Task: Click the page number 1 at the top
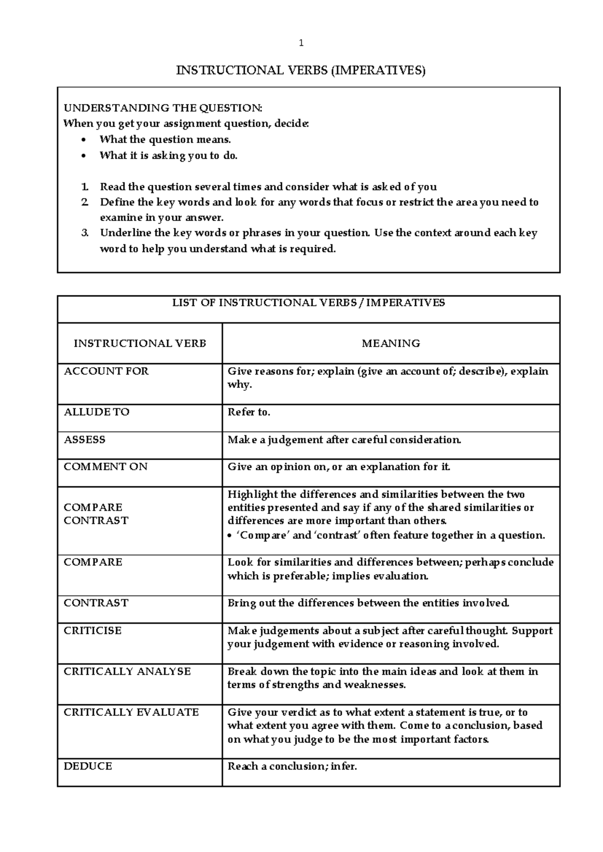click(x=301, y=43)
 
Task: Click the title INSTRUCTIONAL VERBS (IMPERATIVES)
click(x=300, y=70)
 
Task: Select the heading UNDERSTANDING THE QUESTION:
click(x=162, y=108)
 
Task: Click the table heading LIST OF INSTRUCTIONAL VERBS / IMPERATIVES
click(x=309, y=303)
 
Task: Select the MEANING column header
click(x=390, y=344)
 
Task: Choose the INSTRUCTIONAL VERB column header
click(x=140, y=344)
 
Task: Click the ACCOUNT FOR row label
click(x=106, y=371)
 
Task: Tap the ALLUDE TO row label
click(x=96, y=412)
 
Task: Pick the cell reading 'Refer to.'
click(x=249, y=412)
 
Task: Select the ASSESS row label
click(x=84, y=440)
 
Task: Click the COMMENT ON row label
click(x=106, y=467)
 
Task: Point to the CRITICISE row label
click(x=92, y=630)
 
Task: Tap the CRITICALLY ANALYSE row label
click(x=127, y=672)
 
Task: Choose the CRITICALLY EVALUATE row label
click(x=131, y=712)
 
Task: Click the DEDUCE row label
click(x=88, y=767)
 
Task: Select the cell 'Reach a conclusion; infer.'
click(x=292, y=767)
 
